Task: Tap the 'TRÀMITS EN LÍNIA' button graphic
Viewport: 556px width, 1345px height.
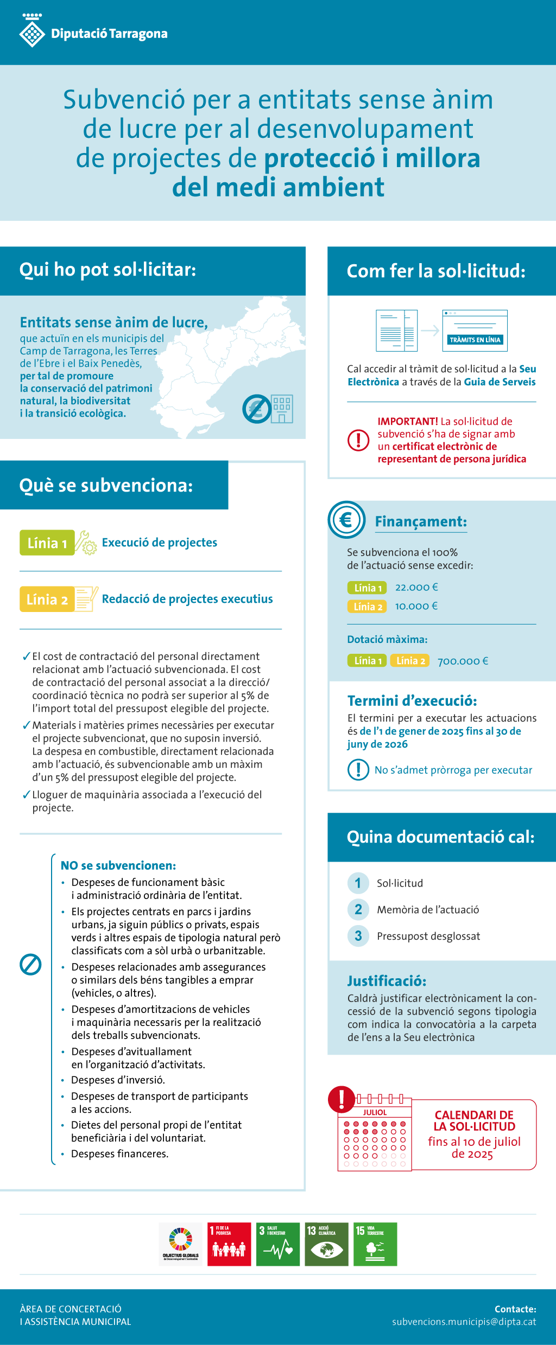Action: click(475, 340)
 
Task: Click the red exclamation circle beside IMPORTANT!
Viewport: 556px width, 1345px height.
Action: click(358, 440)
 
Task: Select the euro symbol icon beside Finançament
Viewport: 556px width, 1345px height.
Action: click(346, 520)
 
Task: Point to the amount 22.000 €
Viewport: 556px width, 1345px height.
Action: click(416, 587)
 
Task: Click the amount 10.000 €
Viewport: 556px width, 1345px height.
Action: click(416, 606)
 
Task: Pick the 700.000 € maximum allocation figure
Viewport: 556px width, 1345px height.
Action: click(463, 661)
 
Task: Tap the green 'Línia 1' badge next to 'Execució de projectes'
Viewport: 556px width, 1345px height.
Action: click(47, 543)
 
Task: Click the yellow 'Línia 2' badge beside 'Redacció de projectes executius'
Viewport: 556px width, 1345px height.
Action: click(47, 599)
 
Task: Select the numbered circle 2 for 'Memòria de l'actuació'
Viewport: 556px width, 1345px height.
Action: click(358, 909)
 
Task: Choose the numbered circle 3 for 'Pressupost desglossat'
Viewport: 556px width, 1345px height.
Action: click(358, 936)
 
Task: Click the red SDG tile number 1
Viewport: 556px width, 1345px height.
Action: click(229, 1244)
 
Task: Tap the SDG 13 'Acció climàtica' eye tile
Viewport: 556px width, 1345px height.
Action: click(326, 1244)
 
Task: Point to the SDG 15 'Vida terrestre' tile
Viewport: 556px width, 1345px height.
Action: click(375, 1244)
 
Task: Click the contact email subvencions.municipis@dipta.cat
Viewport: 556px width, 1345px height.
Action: click(464, 1322)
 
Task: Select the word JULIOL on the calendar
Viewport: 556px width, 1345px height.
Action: click(375, 1112)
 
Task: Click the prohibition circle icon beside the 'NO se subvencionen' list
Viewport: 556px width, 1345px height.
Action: click(30, 964)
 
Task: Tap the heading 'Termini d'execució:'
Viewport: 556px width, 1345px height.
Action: click(412, 700)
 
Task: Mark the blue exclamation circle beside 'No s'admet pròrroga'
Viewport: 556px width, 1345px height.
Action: click(358, 769)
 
